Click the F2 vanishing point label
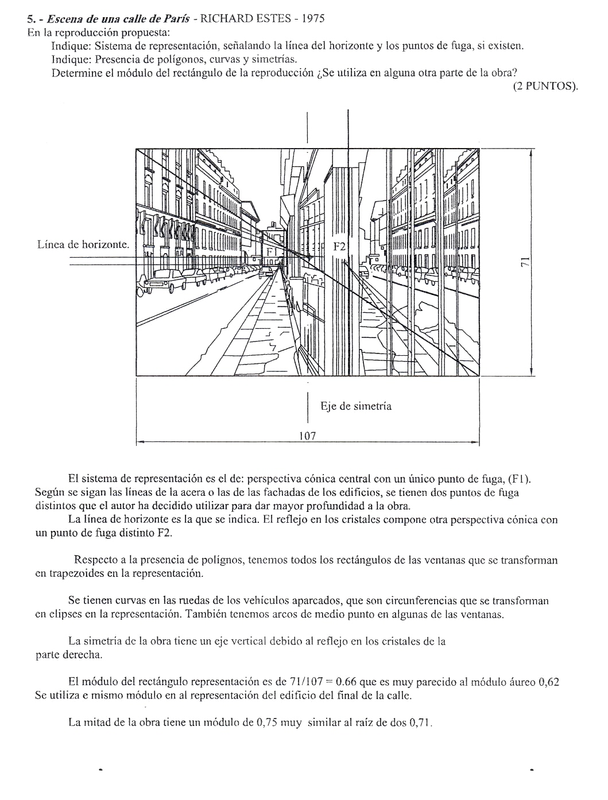pyautogui.click(x=340, y=247)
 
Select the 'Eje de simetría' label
pyautogui.click(x=356, y=406)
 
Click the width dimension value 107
pyautogui.click(x=308, y=436)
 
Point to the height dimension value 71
pyautogui.click(x=524, y=262)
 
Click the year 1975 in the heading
pyautogui.click(x=313, y=18)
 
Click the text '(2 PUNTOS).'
pyautogui.click(x=545, y=86)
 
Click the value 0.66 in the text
pyautogui.click(x=347, y=682)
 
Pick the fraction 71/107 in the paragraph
pyautogui.click(x=306, y=682)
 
